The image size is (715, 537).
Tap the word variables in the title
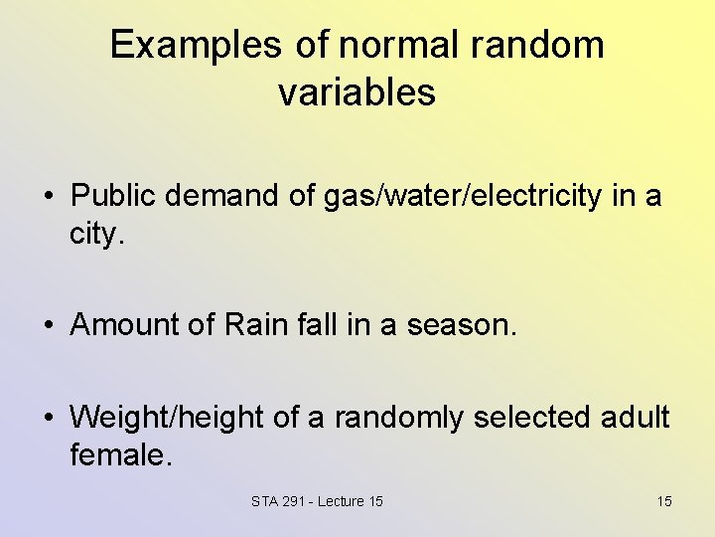click(x=357, y=92)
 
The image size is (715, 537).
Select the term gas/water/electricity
click(x=463, y=197)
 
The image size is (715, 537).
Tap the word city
click(x=97, y=236)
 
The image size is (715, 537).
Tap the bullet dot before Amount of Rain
click(x=49, y=326)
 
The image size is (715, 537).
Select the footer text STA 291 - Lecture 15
click(x=317, y=501)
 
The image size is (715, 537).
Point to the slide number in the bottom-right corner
click(x=663, y=501)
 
